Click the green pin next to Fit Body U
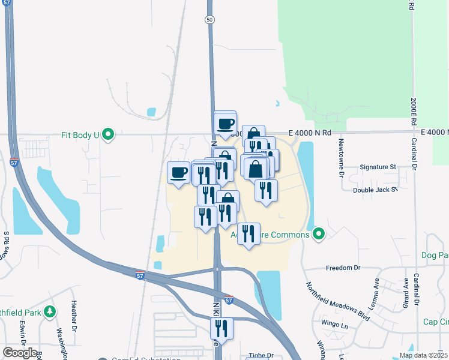(108, 134)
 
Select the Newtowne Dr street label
(340, 152)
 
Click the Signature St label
(378, 167)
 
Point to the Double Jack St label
(375, 190)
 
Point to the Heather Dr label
(74, 316)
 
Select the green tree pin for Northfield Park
(50, 311)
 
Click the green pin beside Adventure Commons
(319, 234)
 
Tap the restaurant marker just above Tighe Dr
(221, 328)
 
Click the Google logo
(20, 353)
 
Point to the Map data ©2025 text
(424, 355)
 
